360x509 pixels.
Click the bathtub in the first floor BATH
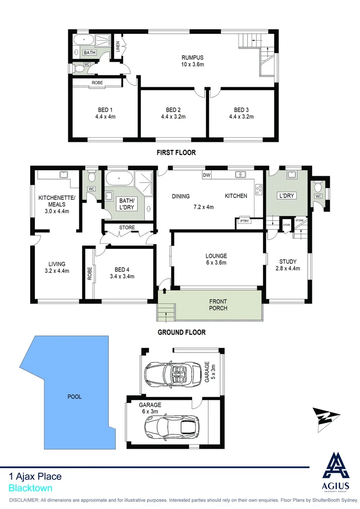coord(82,39)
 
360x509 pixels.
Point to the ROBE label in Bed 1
coord(97,83)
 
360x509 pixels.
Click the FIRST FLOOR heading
coord(176,153)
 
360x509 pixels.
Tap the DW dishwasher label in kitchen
coord(206,175)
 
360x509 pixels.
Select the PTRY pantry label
coord(244,221)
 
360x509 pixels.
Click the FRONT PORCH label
coord(218,304)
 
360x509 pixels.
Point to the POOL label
coord(74,396)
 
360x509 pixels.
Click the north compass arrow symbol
coord(327,419)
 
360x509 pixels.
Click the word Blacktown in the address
coord(31,489)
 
